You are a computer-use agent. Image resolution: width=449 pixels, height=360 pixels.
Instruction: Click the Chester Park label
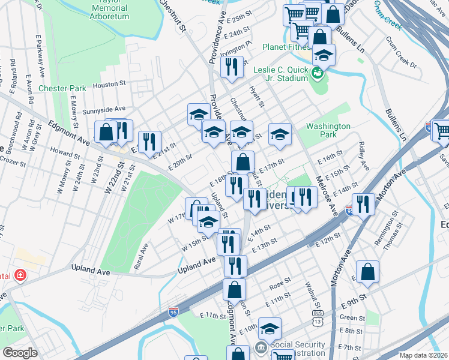coord(62,88)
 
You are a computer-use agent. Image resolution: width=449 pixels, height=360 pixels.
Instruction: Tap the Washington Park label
coord(328,131)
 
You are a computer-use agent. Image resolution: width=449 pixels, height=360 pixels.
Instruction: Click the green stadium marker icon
coord(318,74)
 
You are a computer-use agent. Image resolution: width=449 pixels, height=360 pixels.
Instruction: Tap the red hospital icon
coord(20,275)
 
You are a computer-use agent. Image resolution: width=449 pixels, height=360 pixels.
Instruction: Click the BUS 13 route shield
coord(317,314)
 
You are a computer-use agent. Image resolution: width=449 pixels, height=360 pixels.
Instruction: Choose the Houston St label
coord(108,85)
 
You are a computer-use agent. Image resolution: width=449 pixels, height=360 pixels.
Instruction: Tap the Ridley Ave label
coord(362,155)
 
